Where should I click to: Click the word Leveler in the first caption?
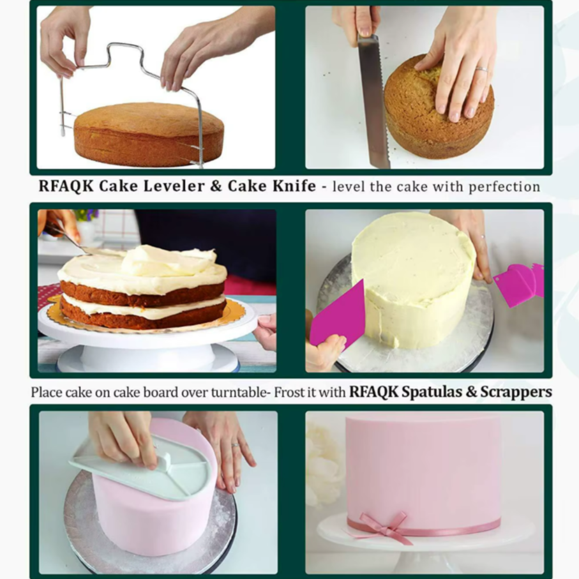coord(174,186)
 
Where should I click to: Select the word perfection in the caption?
coord(504,187)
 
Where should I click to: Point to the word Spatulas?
coord(432,392)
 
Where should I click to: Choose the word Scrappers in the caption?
coord(516,392)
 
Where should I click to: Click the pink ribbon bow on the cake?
coord(384,527)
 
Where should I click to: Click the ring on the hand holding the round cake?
coord(482,69)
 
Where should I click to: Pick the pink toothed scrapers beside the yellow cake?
coord(519,284)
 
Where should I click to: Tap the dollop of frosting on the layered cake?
coord(168,260)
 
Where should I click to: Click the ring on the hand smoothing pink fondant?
coord(235,446)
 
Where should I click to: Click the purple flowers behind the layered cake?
coord(87,214)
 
